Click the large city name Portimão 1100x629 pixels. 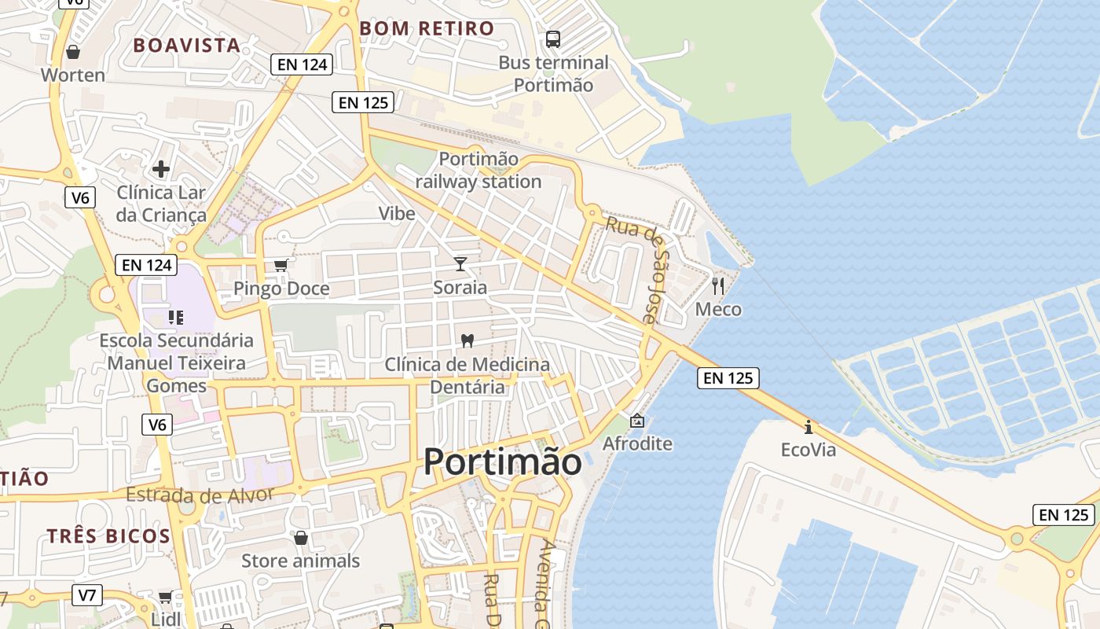coord(503,462)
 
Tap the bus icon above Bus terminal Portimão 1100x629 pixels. coord(553,39)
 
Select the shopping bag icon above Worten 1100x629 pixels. coord(73,52)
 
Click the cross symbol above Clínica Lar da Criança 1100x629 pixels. coord(161,169)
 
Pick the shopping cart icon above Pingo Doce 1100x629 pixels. coord(281,266)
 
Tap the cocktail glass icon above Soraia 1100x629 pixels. coord(460,264)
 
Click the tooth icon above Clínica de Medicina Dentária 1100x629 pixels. coord(467,341)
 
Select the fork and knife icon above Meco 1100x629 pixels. coord(718,285)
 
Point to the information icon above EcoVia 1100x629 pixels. coord(808,427)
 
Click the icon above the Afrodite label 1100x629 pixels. coord(637,421)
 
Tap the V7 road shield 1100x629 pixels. coord(87,595)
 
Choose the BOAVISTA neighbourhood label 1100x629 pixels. coord(186,46)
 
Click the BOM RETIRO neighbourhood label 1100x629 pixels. coord(427,29)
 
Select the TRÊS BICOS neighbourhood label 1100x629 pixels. coord(108,536)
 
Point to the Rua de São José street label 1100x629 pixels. coord(643,268)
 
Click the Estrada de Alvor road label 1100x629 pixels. coord(200,495)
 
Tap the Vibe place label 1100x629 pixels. coord(397,213)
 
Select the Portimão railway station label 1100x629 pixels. coord(478,171)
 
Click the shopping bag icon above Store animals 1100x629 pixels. coord(300,538)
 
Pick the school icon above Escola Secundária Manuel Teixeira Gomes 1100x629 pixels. coord(176,318)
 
